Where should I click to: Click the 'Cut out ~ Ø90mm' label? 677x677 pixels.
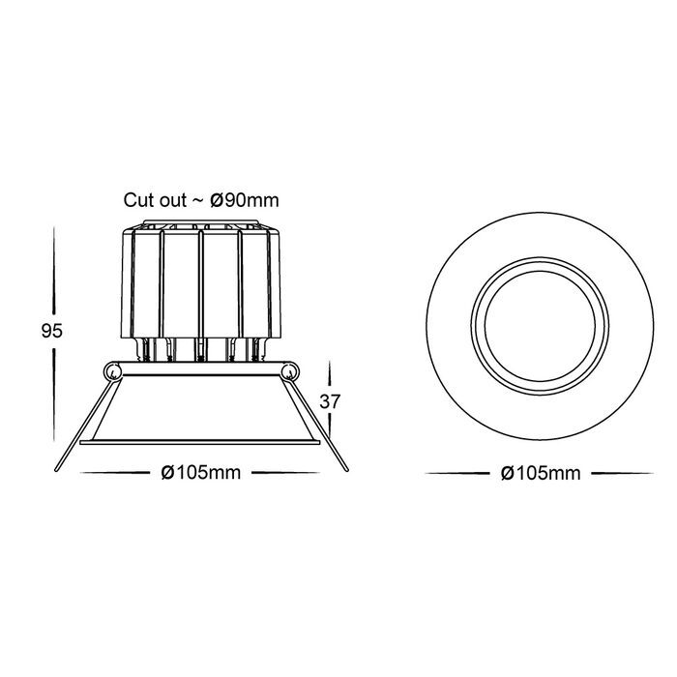(201, 200)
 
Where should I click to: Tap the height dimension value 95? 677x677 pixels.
(52, 331)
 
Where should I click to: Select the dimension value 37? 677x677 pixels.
(331, 401)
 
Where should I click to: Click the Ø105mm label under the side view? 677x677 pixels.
(201, 473)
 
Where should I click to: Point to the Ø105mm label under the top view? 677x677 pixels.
(541, 473)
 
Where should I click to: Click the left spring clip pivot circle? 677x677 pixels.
(113, 370)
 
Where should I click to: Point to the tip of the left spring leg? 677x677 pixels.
(56, 469)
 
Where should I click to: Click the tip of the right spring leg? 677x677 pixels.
(346, 469)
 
